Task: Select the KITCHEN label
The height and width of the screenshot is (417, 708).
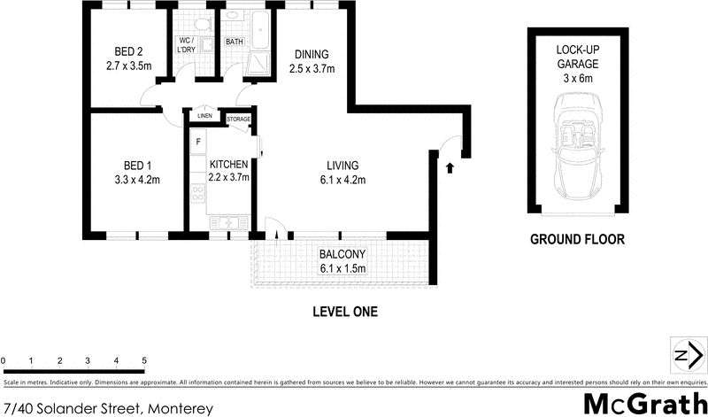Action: (228, 164)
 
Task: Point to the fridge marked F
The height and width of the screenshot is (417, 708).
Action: (198, 143)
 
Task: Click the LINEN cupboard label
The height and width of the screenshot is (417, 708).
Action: (204, 116)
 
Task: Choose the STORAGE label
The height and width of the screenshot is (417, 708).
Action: (238, 119)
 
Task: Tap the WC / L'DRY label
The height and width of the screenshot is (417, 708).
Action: (187, 45)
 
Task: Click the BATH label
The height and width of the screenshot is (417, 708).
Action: (235, 42)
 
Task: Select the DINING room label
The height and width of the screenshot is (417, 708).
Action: (312, 53)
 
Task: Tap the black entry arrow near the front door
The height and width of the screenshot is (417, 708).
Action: (450, 166)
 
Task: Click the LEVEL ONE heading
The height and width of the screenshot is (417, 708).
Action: (344, 312)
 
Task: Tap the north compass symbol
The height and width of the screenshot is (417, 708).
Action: (686, 355)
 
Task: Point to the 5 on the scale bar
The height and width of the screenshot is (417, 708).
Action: (144, 361)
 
